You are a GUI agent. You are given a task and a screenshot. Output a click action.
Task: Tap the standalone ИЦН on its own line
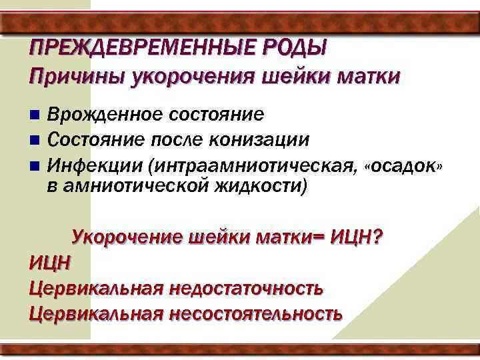point(49,262)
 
